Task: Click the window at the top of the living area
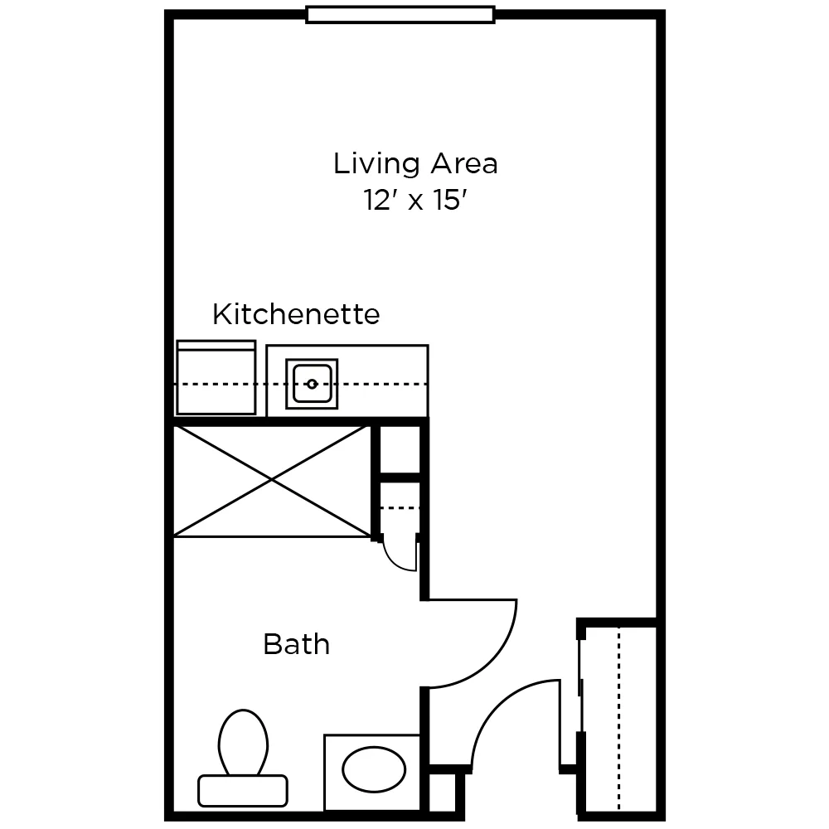pos(400,14)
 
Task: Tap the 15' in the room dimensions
pos(445,201)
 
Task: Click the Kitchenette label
pos(296,314)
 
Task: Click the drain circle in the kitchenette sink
pos(312,384)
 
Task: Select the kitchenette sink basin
pos(312,383)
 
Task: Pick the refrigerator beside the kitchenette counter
pos(216,380)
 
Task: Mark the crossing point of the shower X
pos(272,480)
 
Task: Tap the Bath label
pos(296,644)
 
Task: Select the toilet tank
pos(243,790)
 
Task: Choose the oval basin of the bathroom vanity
pos(374,770)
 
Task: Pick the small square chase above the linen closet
pos(399,450)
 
